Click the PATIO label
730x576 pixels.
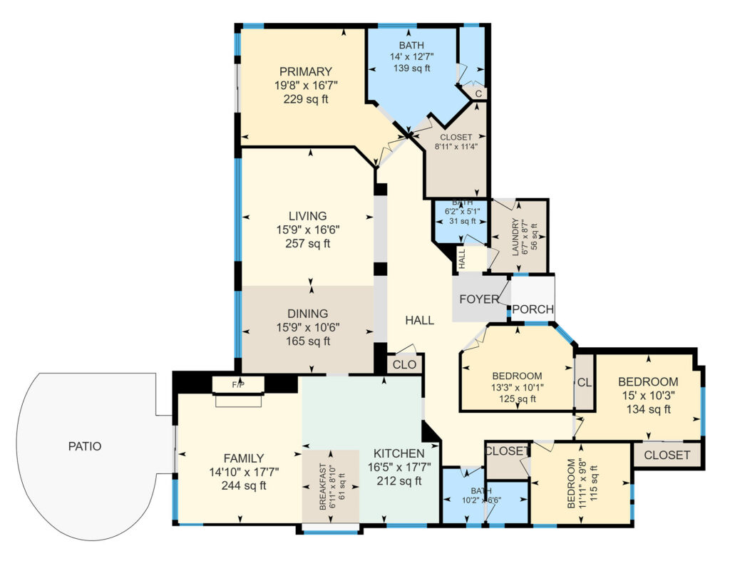85,446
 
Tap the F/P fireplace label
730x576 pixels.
238,385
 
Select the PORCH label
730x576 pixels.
533,309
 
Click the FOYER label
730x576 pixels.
479,299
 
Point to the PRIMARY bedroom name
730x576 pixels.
306,72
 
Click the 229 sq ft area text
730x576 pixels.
306,99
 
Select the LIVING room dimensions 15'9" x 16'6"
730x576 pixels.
308,230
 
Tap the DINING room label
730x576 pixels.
308,314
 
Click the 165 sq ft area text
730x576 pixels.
308,341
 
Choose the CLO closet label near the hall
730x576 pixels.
405,364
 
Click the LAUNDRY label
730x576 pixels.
515,237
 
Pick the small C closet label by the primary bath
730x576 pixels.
478,93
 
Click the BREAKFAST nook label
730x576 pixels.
323,487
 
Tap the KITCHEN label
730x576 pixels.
399,453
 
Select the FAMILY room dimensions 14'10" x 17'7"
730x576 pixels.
244,472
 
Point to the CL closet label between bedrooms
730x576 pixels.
585,383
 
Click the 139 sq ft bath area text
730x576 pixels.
411,68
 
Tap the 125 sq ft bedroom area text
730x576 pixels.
518,398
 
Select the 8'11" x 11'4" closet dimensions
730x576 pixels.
456,146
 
